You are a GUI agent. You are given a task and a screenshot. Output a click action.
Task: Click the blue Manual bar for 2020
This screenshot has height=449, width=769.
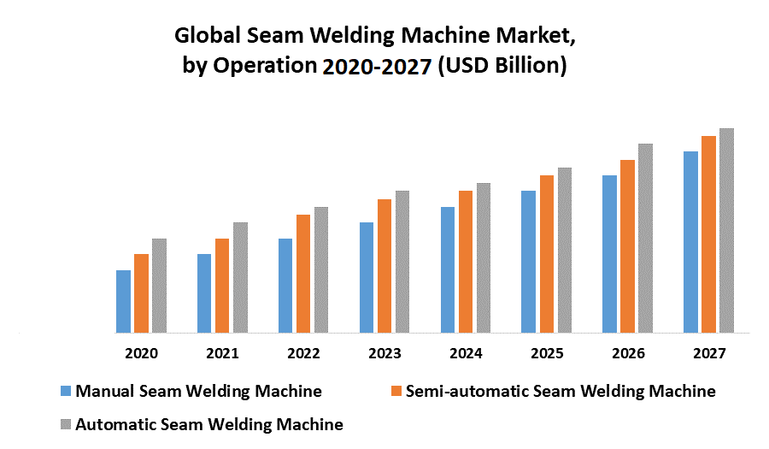point(123,301)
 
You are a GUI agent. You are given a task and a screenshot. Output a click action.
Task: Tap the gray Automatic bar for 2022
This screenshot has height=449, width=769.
point(321,269)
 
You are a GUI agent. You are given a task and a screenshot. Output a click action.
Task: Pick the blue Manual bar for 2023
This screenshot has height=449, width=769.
point(367,277)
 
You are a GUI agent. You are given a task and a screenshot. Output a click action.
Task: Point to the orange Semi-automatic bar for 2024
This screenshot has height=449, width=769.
point(466,261)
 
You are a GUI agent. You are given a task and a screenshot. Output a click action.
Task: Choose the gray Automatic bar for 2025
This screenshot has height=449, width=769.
point(565,250)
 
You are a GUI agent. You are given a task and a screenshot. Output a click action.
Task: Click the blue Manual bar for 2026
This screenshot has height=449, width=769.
point(609,253)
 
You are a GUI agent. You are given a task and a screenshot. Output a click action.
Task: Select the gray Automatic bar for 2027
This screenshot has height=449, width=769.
point(726,230)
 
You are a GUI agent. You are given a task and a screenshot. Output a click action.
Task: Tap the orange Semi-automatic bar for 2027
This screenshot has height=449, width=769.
point(708,233)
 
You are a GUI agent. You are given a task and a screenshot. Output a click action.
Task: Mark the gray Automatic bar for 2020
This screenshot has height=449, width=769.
point(159,285)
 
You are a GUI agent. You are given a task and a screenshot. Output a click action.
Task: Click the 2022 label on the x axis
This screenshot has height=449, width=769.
point(303,353)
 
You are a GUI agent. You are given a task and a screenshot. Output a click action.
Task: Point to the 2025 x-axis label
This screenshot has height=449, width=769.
point(547,353)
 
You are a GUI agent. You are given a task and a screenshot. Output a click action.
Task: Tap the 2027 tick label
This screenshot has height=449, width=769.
point(709,353)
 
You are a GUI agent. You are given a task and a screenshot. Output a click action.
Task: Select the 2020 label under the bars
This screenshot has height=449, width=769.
point(141,353)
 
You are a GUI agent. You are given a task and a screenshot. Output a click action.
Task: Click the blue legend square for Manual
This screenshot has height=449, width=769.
point(66,392)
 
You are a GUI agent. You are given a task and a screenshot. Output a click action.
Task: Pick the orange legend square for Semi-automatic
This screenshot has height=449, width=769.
point(396,392)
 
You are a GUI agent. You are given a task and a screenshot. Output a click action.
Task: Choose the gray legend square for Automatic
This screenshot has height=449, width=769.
point(66,424)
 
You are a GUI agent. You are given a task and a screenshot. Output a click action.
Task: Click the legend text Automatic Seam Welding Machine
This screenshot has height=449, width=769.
point(209,424)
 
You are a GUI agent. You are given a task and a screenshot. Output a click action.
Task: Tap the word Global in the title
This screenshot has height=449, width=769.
point(208,36)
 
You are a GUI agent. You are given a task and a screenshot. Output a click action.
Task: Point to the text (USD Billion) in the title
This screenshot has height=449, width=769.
point(502,66)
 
